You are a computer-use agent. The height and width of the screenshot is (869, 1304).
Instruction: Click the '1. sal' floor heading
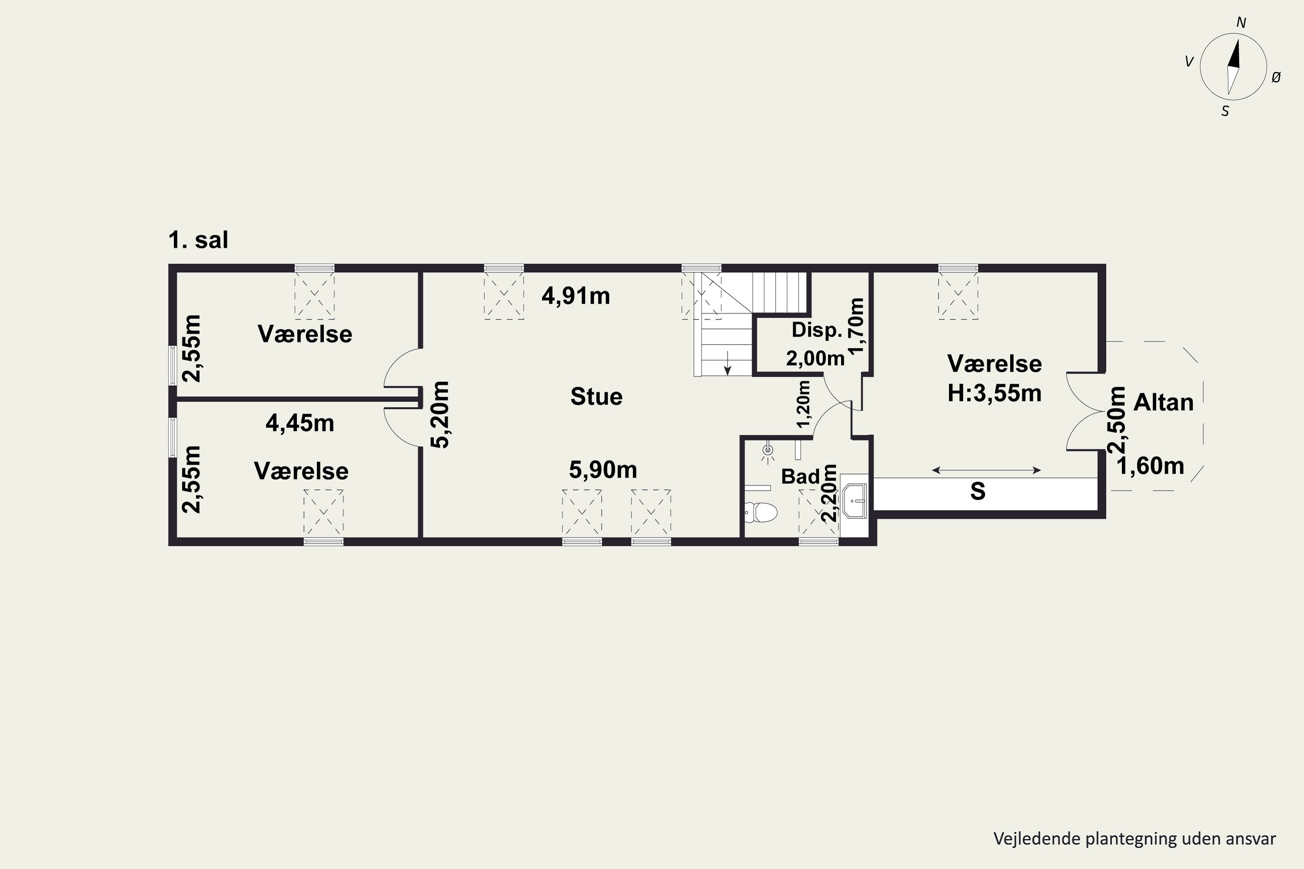[198, 240]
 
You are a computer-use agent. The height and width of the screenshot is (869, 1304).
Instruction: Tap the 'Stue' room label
[596, 397]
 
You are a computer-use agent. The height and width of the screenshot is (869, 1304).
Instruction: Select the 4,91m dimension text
[575, 296]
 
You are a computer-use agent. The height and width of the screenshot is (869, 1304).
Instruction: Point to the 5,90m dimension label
[603, 470]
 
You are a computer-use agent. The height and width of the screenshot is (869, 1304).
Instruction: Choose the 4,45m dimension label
[300, 423]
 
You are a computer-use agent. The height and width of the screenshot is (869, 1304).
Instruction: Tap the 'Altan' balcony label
[1163, 402]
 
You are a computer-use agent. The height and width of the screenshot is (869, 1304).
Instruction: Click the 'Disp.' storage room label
[817, 330]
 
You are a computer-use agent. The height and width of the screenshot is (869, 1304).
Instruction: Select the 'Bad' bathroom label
[800, 477]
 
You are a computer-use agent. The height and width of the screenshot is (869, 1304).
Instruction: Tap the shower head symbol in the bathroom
[768, 451]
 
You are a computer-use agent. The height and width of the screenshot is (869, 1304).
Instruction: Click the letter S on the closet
[978, 491]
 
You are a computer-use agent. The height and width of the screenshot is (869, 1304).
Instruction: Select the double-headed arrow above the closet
[986, 471]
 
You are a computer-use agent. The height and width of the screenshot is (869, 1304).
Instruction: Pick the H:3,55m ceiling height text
[994, 393]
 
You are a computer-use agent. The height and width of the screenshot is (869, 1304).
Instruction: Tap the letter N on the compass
[1241, 23]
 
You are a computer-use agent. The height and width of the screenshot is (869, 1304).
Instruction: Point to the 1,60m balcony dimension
[1151, 466]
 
